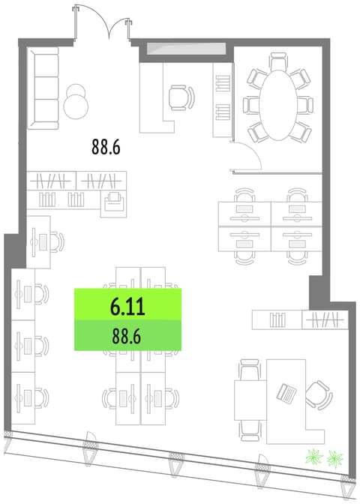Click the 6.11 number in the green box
[127, 307]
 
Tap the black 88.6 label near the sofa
[106, 146]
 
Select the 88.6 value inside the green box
[126, 337]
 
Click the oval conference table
[278, 105]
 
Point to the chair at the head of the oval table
[279, 61]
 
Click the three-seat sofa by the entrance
[43, 88]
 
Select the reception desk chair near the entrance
[181, 97]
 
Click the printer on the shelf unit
[114, 202]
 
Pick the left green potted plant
[314, 457]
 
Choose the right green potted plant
[335, 459]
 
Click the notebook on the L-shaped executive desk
[287, 393]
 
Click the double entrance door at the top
[103, 23]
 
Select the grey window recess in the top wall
[187, 49]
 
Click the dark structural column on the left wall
[15, 250]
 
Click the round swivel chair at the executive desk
[317, 395]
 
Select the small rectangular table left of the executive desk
[250, 400]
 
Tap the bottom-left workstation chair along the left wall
[41, 398]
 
